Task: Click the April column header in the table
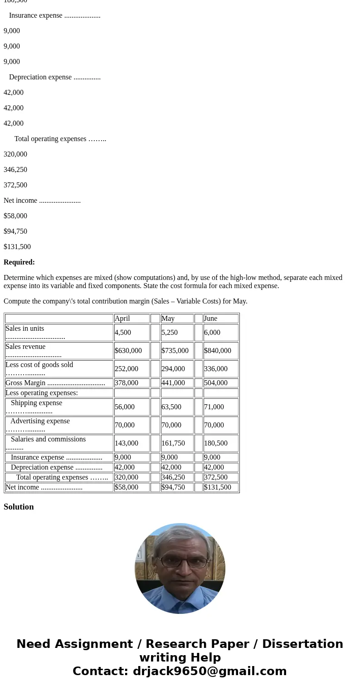(x=122, y=319)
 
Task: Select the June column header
(x=211, y=319)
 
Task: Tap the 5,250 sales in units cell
(x=170, y=333)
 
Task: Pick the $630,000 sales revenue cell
(x=128, y=351)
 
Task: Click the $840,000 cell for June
(x=218, y=351)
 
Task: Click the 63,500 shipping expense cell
(x=171, y=407)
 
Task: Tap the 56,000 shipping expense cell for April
(x=125, y=407)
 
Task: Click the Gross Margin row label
(x=25, y=383)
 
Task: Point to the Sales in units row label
(x=25, y=328)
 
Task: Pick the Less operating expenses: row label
(x=42, y=393)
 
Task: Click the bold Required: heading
(x=19, y=262)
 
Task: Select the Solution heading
(x=19, y=507)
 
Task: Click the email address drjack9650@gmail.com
(x=209, y=671)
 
